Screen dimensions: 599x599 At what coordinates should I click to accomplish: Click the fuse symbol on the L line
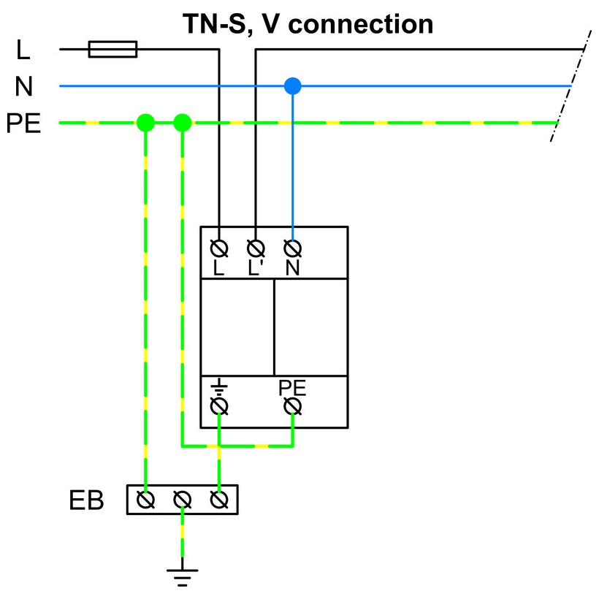coord(112,49)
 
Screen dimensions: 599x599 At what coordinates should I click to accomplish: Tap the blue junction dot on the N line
coord(293,86)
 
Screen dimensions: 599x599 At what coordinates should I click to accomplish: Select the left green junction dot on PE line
coord(146,122)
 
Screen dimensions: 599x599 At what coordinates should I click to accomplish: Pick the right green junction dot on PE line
coord(183,122)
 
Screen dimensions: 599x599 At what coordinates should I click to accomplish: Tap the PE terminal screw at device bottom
coord(293,406)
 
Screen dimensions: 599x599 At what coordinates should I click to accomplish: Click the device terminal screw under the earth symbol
coord(219,406)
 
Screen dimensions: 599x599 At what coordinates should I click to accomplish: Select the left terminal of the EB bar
coord(146,500)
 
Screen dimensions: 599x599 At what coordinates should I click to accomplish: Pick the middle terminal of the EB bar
coord(183,500)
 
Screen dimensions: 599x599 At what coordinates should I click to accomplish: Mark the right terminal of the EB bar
coord(219,500)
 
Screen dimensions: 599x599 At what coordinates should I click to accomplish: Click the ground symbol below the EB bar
coord(183,575)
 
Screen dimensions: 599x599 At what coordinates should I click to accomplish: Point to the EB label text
coord(86,501)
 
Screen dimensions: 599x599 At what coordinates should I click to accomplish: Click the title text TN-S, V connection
coord(308,23)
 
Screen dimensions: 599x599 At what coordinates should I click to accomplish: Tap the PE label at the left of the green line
coord(23,123)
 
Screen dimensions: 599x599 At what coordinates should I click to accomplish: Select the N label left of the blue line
coord(23,87)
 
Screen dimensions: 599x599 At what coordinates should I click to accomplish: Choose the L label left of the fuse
coord(23,50)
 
